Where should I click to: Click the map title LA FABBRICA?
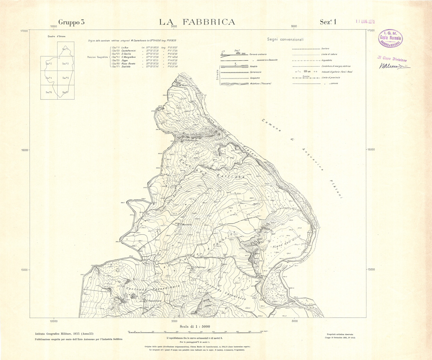click(197, 22)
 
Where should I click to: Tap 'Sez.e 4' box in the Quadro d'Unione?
click(49, 78)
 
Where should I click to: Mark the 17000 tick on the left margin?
click(24, 31)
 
